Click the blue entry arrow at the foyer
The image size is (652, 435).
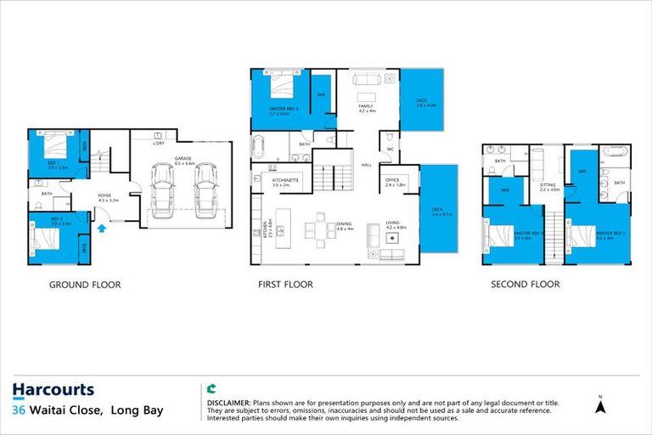104,227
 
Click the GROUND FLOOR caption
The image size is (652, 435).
84,285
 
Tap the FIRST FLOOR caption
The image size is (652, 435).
286,285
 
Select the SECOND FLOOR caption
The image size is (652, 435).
525,285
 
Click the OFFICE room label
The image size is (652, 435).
392,179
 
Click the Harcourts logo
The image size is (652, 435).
53,391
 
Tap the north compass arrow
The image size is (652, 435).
600,408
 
